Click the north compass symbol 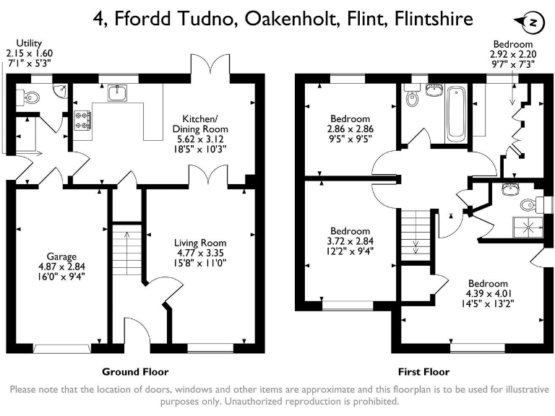point(532,23)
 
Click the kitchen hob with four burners point(82,120)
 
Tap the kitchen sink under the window point(117,93)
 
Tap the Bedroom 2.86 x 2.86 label point(350,129)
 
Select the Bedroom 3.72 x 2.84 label point(350,241)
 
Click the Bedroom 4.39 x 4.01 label point(487,293)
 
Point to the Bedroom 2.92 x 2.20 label point(513,54)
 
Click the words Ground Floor point(135,372)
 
